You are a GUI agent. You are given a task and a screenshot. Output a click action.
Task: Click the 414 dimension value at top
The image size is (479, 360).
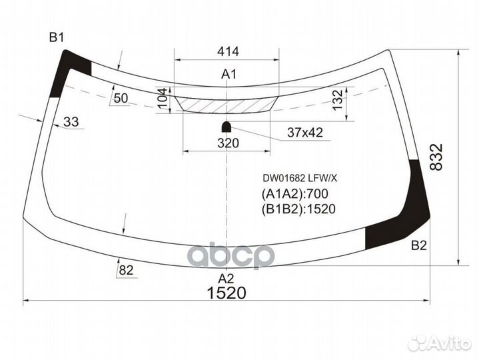point(228,51)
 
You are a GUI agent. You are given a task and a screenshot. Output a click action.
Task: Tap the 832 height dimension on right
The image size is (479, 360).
point(436,157)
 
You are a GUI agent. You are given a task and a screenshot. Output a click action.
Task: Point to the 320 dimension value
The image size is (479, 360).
point(228,142)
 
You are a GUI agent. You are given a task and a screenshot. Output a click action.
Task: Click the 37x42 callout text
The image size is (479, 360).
point(304,133)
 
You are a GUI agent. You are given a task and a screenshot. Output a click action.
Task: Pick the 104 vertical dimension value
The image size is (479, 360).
point(162,100)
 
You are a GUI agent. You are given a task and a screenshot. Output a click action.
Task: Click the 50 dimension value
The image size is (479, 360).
point(121,98)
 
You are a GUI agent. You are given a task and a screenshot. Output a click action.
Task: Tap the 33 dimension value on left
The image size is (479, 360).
point(71,121)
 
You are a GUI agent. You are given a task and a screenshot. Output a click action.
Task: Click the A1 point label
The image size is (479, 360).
point(229,74)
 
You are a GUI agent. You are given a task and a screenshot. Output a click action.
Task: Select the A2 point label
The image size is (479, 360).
point(227,278)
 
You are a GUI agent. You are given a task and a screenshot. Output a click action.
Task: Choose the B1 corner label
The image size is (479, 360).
point(57,37)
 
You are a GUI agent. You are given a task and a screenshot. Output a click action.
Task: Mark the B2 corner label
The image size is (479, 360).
point(418,246)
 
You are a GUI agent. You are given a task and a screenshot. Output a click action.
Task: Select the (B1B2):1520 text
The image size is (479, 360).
point(296,209)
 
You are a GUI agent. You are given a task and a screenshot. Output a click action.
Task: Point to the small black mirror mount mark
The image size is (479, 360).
point(227,125)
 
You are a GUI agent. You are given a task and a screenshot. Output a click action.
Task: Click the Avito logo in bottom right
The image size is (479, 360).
point(440,343)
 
